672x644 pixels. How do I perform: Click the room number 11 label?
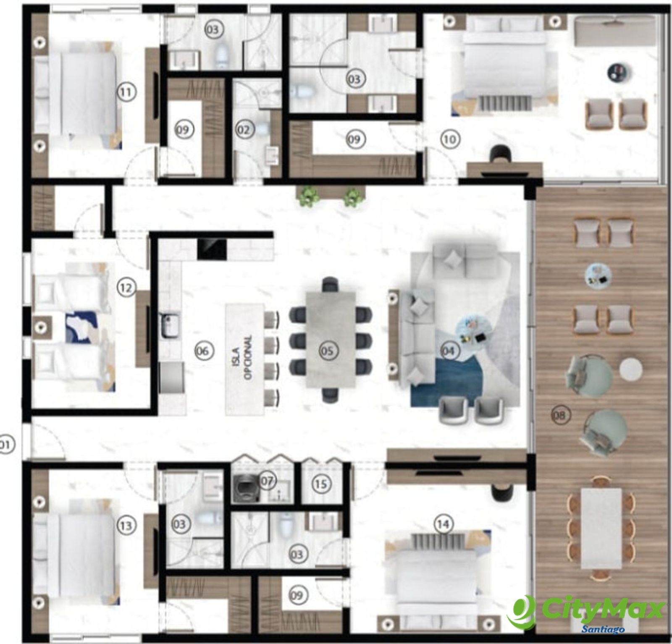click(x=126, y=92)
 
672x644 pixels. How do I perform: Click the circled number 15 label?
click(x=321, y=484)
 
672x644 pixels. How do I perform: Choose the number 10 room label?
click(x=450, y=139)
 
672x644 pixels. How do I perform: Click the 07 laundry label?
click(x=267, y=481)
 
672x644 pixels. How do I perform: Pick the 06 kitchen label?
click(x=203, y=350)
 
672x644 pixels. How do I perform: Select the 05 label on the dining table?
click(x=328, y=350)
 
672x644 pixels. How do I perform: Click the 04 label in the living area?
click(x=449, y=350)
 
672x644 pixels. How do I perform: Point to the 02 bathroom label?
click(x=244, y=130)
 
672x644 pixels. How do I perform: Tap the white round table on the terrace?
click(x=630, y=369)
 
